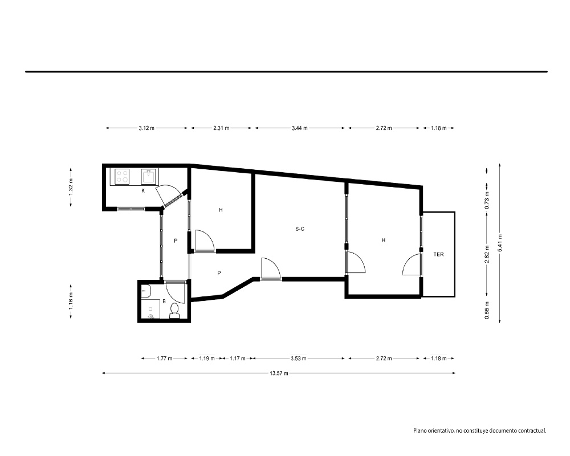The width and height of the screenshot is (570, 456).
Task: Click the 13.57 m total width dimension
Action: coord(279,373)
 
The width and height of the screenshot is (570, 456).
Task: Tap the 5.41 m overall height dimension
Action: coord(500,243)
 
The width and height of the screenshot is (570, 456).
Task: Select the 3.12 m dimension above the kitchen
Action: coord(146,128)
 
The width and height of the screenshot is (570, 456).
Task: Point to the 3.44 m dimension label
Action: coord(300,128)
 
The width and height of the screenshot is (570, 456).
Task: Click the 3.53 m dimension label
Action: coord(299,359)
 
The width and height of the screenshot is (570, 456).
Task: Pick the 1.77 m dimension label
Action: coord(164,359)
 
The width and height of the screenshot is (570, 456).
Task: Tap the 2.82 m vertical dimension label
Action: coord(487,254)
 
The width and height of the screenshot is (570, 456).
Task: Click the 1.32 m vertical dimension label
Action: coord(71,187)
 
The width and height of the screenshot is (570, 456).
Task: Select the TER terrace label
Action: coord(438,255)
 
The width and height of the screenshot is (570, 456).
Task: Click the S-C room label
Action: coord(300,229)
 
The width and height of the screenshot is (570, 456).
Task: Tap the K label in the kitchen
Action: coord(143,190)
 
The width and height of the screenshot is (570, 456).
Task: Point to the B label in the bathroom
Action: coord(164,302)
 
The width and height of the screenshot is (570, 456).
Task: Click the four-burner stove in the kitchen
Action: coord(122,176)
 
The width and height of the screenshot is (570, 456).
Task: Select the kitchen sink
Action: coord(149,176)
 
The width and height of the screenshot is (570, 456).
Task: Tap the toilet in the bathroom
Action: coord(174,311)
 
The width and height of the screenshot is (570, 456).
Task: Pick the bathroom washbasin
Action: coord(146,291)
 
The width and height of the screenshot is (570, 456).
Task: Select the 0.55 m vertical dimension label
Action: coord(487,311)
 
